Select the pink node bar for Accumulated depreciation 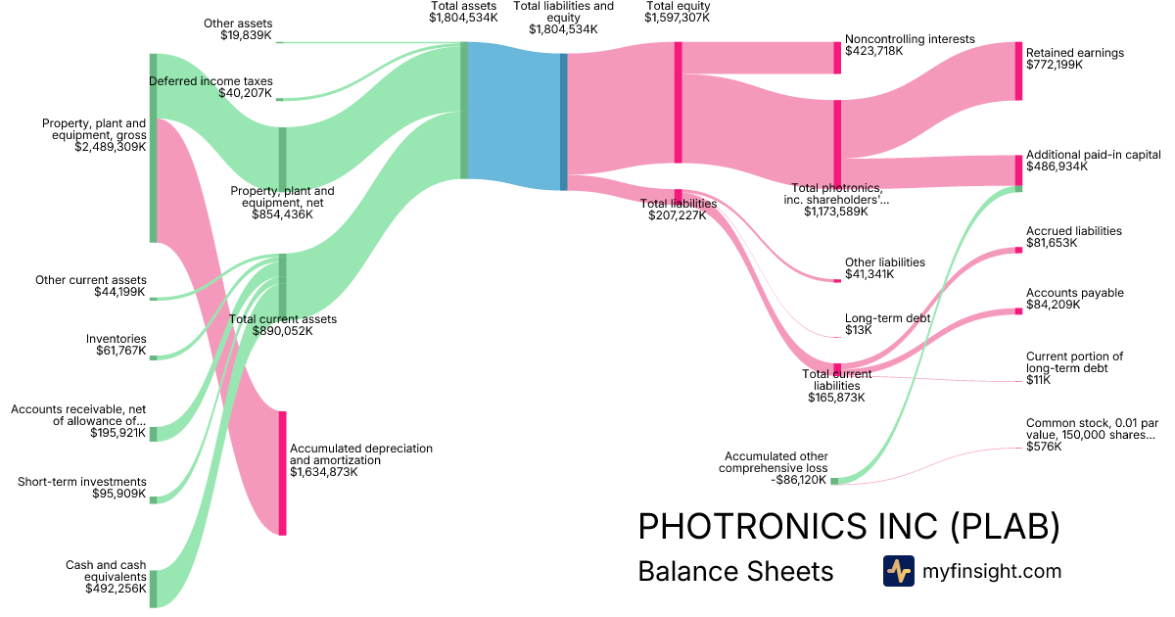tap(282, 473)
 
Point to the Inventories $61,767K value tap(120, 351)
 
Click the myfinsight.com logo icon tap(898, 571)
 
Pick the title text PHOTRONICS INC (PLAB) tap(848, 527)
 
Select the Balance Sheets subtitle tap(735, 571)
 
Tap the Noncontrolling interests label tap(910, 39)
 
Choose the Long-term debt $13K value tap(858, 330)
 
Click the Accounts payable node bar tap(1018, 311)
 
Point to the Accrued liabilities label tap(1073, 231)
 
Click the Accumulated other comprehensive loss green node tap(834, 481)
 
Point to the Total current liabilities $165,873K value tap(836, 398)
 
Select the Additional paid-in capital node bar tap(1018, 170)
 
